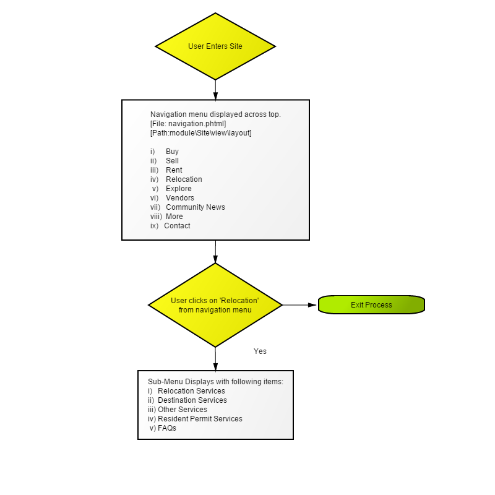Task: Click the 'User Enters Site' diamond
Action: (x=215, y=46)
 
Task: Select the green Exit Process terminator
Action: (x=371, y=304)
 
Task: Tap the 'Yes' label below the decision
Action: (x=260, y=351)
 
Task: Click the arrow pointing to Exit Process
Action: (x=299, y=305)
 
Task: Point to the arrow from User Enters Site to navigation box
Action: (x=215, y=90)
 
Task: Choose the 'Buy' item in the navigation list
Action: (x=172, y=152)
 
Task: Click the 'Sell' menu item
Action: (x=172, y=161)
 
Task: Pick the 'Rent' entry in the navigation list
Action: (x=174, y=170)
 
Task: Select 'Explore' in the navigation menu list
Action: (x=179, y=189)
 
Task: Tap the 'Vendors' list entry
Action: (x=180, y=197)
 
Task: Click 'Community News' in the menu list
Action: (x=196, y=207)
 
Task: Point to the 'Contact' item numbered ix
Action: (x=177, y=226)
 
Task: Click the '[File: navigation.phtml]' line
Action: (x=188, y=123)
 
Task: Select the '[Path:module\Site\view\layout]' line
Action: (x=200, y=133)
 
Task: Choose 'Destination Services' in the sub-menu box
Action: (x=192, y=400)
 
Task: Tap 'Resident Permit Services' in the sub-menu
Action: (x=200, y=419)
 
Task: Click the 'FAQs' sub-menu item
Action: (x=167, y=428)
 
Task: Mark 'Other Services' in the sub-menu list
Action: (x=183, y=410)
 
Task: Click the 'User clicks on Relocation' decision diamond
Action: (x=215, y=305)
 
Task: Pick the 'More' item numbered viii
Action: (x=174, y=216)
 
